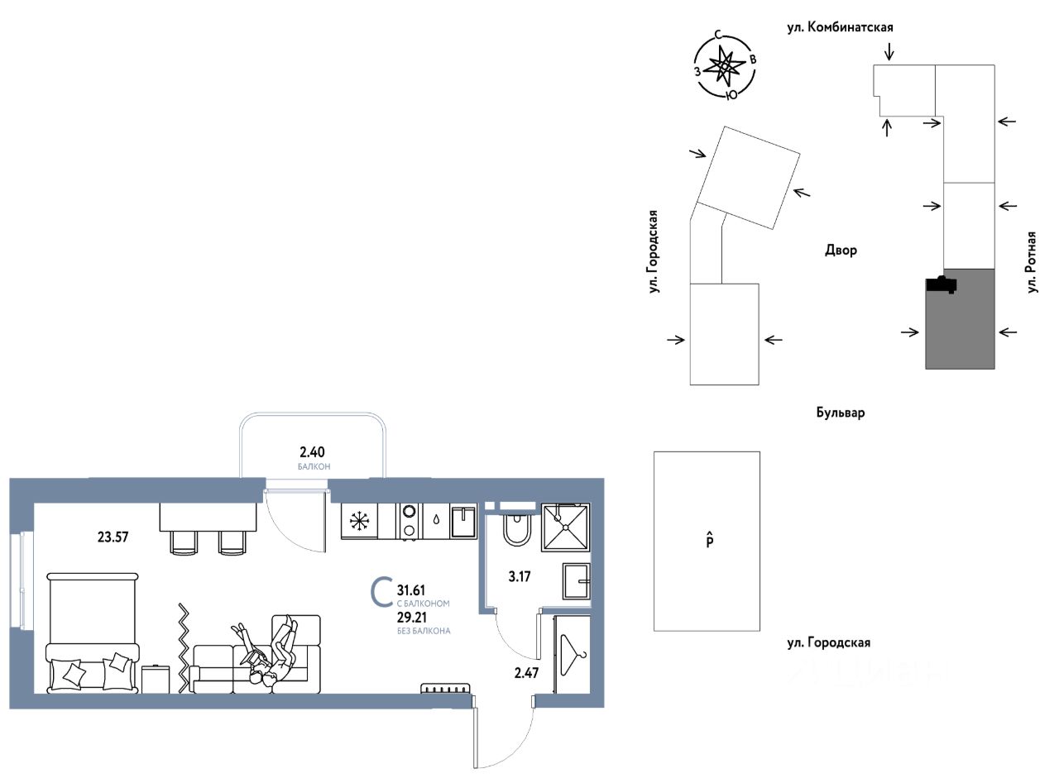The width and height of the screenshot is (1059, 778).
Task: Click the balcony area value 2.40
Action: [312, 452]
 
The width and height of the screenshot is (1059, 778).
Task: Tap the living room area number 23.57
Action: [113, 537]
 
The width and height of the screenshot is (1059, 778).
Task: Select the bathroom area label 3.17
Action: [519, 576]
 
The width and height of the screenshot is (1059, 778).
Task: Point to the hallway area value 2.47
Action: [526, 673]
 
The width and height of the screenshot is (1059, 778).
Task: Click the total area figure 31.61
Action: [411, 590]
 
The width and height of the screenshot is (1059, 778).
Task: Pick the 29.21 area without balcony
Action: [411, 618]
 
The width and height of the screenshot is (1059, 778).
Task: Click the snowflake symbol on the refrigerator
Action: [359, 522]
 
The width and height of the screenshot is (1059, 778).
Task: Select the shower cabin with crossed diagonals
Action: [566, 527]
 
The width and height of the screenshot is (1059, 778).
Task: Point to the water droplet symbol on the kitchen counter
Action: [436, 519]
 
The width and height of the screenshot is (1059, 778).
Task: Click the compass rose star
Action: [723, 67]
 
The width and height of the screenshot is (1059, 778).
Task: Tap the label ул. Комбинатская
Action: [840, 27]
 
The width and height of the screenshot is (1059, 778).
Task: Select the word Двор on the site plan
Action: [841, 250]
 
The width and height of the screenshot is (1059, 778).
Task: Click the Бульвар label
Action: [841, 413]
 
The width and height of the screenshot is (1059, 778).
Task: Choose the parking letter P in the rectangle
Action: [710, 540]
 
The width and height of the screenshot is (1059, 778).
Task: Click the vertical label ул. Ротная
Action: [1032, 262]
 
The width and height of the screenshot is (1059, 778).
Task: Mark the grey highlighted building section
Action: [961, 319]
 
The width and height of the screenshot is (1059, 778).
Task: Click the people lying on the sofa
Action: [267, 654]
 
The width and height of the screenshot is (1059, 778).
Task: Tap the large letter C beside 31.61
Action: [382, 591]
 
